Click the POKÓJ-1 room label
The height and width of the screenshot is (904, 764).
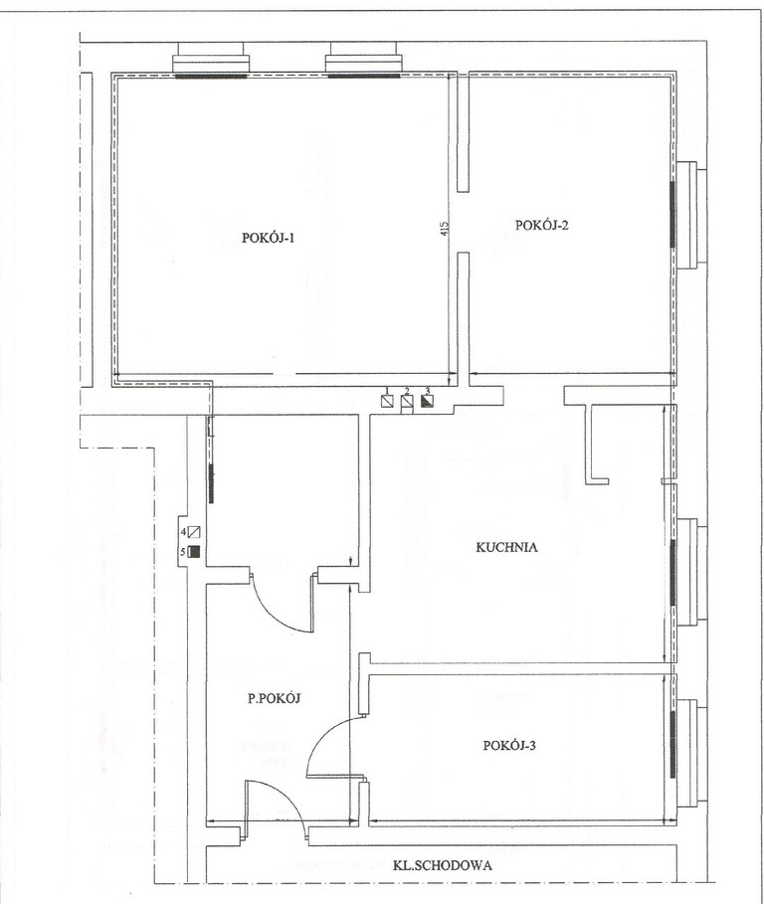(269, 238)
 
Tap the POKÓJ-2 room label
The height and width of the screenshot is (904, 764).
(541, 225)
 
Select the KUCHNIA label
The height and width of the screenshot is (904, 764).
(506, 547)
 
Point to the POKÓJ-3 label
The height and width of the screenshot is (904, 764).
(509, 746)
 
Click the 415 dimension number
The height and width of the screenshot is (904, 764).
(444, 229)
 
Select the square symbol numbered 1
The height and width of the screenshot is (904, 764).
(388, 401)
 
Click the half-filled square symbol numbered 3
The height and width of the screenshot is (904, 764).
(428, 401)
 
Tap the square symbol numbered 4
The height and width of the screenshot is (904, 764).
(194, 532)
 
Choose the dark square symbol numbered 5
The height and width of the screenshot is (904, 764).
(194, 552)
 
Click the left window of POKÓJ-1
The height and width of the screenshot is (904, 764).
(211, 61)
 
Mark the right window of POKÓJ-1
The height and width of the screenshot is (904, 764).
(363, 61)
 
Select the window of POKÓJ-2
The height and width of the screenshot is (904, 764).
(687, 215)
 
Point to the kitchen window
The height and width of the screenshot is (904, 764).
(687, 572)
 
